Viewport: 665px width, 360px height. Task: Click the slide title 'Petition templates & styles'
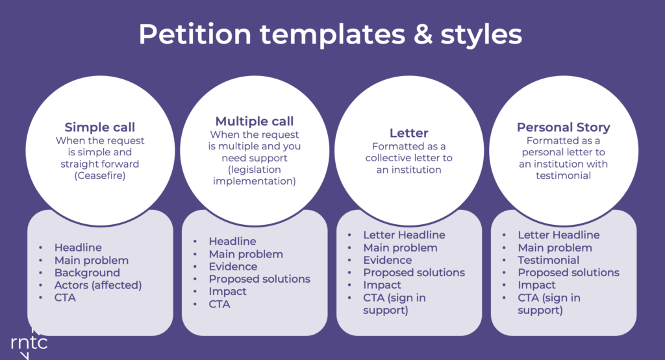pyautogui.click(x=331, y=34)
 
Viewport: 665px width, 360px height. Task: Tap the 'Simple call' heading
pyautogui.click(x=99, y=127)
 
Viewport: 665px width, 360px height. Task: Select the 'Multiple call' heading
pyautogui.click(x=255, y=121)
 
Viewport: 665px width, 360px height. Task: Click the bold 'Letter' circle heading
pyautogui.click(x=409, y=133)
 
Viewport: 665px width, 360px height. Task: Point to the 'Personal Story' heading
pyautogui.click(x=563, y=127)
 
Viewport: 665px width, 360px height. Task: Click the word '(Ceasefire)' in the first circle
pyautogui.click(x=100, y=175)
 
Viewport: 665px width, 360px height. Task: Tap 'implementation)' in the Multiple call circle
pyautogui.click(x=255, y=181)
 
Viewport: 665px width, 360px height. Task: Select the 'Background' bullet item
pyautogui.click(x=87, y=272)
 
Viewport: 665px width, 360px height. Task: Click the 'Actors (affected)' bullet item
pyautogui.click(x=98, y=285)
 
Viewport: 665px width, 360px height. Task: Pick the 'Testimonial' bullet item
pyautogui.click(x=548, y=260)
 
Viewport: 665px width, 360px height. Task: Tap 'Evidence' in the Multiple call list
pyautogui.click(x=233, y=266)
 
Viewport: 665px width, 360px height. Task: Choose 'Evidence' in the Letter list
pyautogui.click(x=387, y=260)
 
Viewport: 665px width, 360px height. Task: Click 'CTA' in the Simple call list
pyautogui.click(x=65, y=297)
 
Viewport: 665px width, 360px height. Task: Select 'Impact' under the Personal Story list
pyautogui.click(x=536, y=285)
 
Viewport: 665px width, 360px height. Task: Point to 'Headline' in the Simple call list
pyautogui.click(x=78, y=248)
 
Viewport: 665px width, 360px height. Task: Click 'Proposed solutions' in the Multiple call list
pyautogui.click(x=260, y=279)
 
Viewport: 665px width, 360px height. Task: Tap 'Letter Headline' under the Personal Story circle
pyautogui.click(x=558, y=235)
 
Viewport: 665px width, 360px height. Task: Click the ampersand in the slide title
pyautogui.click(x=423, y=34)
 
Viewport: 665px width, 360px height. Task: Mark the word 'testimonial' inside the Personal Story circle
pyautogui.click(x=563, y=175)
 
